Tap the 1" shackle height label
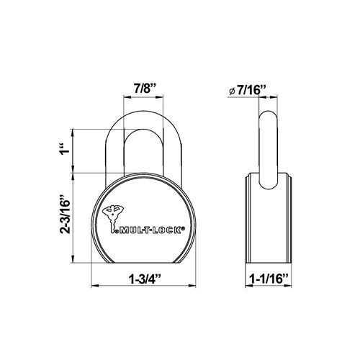click(x=65, y=151)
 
